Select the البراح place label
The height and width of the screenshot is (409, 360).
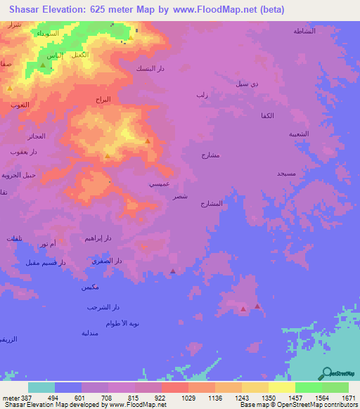103,100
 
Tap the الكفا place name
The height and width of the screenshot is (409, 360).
267,115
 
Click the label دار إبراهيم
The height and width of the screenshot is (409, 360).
97,238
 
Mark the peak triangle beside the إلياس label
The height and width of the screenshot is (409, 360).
43,66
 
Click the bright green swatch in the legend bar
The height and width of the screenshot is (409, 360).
308,387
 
